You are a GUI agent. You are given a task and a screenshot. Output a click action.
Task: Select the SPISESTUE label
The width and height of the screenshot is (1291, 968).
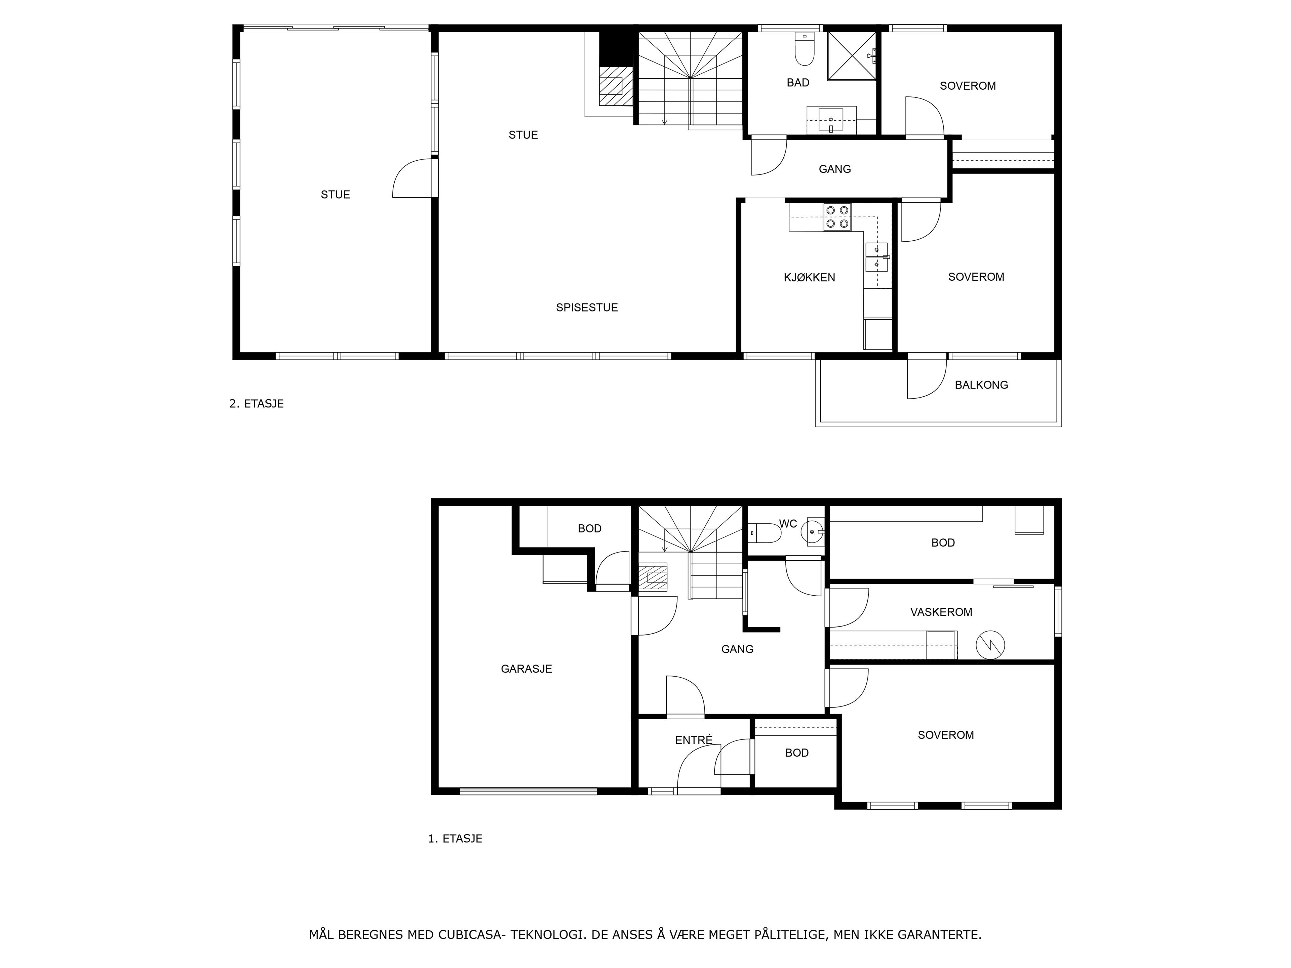coord(587,308)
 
